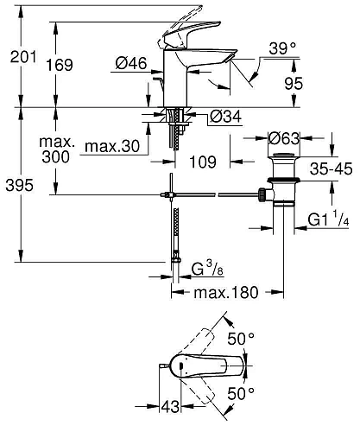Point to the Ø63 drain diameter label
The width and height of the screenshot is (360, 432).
(283, 138)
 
